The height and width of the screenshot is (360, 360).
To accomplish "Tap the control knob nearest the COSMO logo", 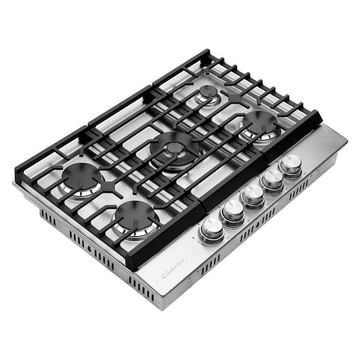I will click(x=212, y=227).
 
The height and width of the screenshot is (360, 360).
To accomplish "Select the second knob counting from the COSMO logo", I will click(x=232, y=209).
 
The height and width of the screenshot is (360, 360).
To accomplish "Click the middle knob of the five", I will click(x=252, y=193).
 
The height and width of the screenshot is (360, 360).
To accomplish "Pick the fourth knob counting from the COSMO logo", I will click(x=272, y=178).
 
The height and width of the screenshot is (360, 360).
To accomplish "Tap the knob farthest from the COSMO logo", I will click(x=291, y=163).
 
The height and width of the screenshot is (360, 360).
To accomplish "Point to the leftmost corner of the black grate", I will click(x=16, y=177).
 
